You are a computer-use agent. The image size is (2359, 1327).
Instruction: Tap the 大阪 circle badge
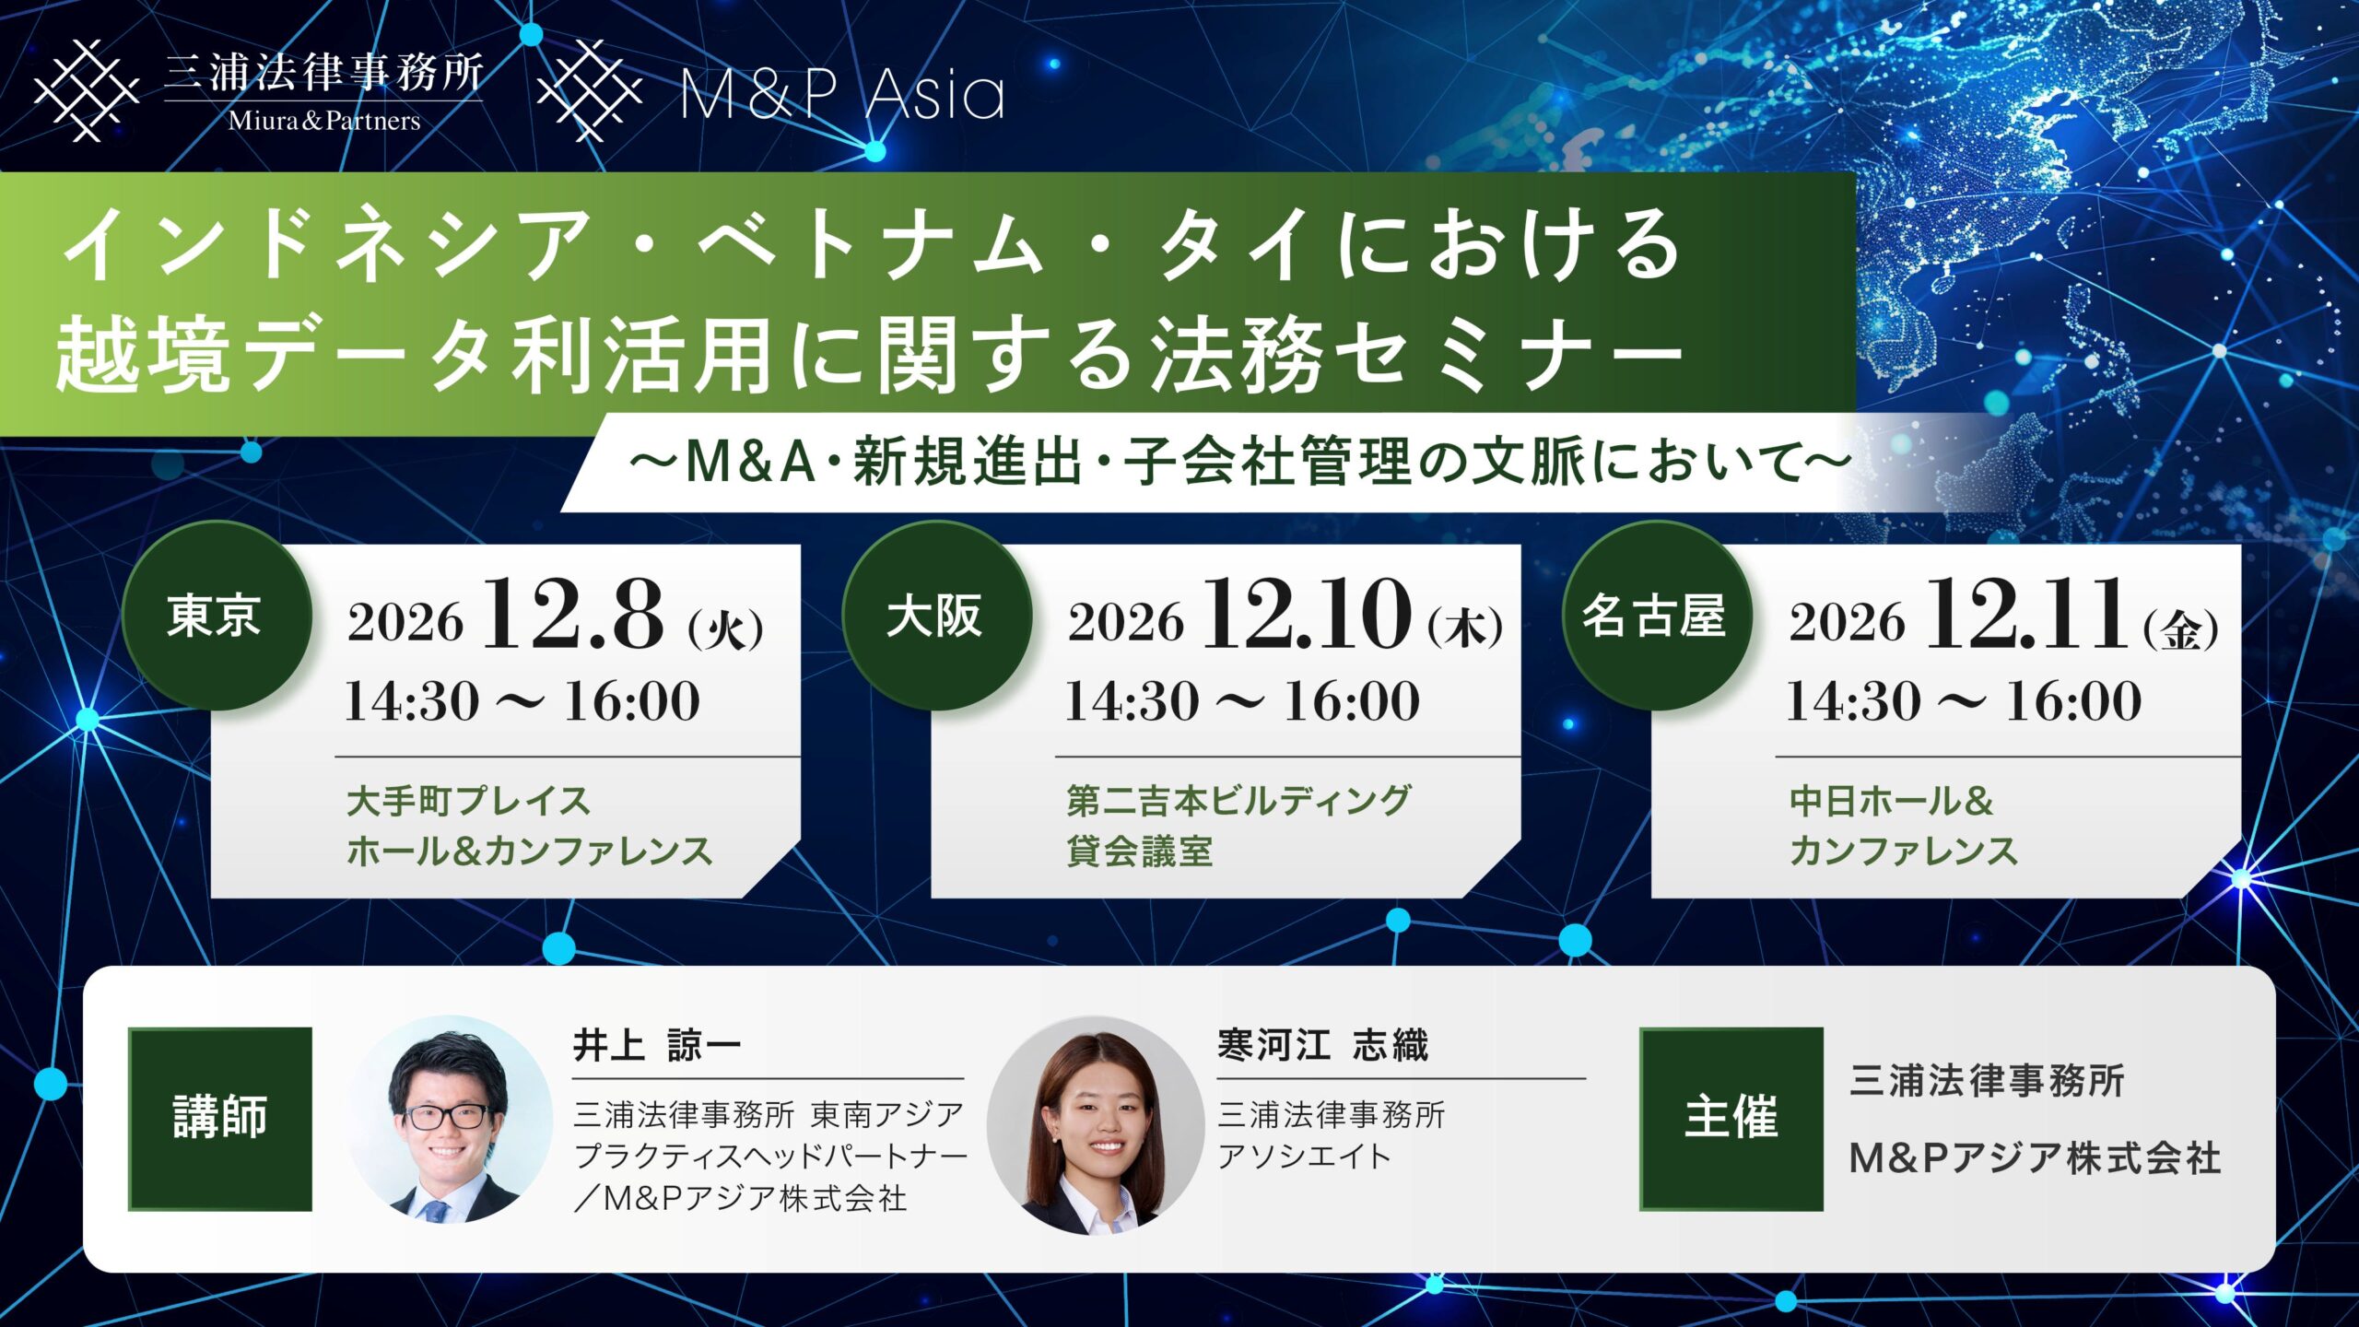936,616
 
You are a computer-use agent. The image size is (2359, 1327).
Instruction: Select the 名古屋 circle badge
1656,616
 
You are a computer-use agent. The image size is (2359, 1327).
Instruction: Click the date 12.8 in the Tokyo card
571,615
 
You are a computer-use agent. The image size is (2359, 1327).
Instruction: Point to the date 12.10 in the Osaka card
1306,615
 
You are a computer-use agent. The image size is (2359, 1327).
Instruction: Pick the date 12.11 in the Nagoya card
2025,615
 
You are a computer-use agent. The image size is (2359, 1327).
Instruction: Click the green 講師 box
220,1119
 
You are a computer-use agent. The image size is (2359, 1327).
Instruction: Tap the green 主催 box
1731,1119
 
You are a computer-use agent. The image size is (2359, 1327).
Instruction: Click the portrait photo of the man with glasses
448,1120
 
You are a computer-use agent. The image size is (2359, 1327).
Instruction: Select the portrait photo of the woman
1096,1124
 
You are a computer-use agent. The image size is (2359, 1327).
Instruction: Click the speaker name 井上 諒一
657,1046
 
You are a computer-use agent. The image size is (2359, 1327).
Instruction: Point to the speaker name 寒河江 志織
1322,1046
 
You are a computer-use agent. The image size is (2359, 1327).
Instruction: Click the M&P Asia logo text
842,94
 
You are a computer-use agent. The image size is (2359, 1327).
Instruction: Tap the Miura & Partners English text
324,121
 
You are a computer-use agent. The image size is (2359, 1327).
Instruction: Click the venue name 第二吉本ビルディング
1238,801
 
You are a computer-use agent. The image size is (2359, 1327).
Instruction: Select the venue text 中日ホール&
1892,801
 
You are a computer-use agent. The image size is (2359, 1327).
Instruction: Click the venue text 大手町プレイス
468,801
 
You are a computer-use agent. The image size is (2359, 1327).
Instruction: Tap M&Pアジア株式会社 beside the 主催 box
2036,1158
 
